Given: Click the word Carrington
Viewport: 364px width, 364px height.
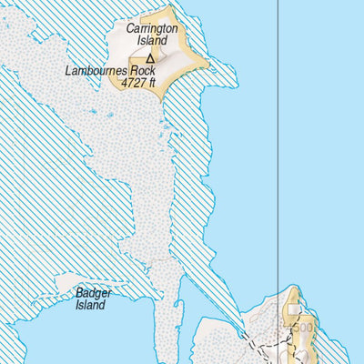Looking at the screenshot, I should [151, 29].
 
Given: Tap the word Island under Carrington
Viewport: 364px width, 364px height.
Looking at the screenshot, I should [151, 41].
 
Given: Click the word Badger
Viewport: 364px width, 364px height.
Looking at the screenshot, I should [94, 293].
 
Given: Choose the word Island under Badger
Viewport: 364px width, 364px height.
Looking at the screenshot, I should [90, 305].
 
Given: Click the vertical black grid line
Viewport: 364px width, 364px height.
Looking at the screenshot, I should [278, 136].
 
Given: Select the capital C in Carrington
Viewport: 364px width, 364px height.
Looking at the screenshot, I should [130, 29].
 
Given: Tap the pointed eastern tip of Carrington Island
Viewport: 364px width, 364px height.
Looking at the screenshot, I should [208, 65].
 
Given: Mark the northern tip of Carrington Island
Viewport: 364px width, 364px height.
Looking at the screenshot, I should [170, 8].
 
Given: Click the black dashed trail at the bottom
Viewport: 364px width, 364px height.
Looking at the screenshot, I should [273, 349].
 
